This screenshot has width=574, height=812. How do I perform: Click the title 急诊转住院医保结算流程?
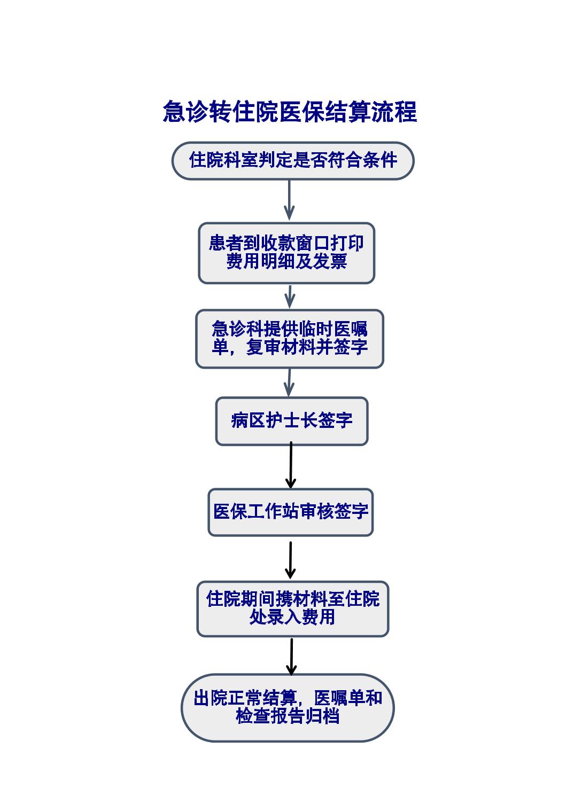click(x=290, y=112)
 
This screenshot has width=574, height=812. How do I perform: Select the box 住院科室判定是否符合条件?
click(x=293, y=160)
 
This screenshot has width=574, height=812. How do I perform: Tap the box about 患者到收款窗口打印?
click(x=286, y=253)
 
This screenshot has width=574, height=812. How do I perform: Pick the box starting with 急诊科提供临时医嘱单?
click(x=290, y=339)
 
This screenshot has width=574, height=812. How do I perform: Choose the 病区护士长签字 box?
click(x=292, y=421)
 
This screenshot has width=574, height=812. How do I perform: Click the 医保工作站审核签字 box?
click(x=291, y=512)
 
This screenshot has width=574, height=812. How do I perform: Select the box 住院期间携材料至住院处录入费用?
click(x=293, y=608)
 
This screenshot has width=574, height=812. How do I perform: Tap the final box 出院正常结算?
click(x=288, y=707)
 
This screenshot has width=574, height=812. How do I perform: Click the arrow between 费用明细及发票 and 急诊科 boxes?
click(x=290, y=296)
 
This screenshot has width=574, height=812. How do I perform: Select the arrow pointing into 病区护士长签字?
click(x=289, y=382)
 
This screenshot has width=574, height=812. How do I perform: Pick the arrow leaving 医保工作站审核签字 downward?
click(x=290, y=559)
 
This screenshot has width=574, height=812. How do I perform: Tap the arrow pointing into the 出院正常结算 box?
click(x=291, y=656)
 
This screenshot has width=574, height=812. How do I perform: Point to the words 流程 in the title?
click(x=393, y=112)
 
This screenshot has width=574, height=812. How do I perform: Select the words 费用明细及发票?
click(x=286, y=262)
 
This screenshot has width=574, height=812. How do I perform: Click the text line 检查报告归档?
click(x=288, y=716)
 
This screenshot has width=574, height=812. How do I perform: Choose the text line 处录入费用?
click(x=292, y=618)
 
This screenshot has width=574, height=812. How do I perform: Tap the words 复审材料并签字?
click(x=307, y=348)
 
